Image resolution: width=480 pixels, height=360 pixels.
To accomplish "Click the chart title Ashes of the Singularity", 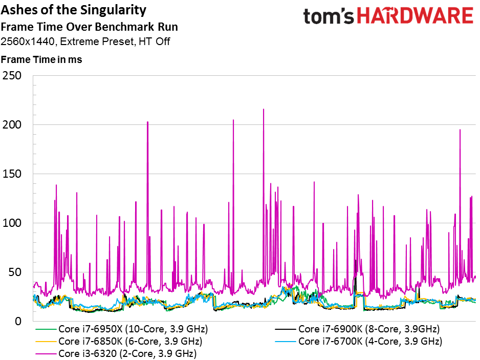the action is click(74, 10).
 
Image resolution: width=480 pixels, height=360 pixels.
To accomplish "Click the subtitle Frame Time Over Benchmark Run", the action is click(89, 27).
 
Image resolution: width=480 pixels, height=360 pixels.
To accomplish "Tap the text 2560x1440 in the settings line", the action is click(28, 41).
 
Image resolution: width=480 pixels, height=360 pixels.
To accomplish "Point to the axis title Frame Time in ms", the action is click(41, 59).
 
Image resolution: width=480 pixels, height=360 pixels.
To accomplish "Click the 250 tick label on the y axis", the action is click(12, 76).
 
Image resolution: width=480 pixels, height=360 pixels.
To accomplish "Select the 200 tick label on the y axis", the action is click(12, 125).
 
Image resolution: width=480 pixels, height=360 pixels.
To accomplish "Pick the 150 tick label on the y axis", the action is click(12, 174).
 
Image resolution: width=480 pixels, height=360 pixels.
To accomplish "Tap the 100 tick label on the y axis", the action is click(12, 223).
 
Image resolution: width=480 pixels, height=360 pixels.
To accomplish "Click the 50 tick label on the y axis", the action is click(15, 272).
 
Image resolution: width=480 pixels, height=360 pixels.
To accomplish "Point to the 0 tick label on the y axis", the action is click(18, 321).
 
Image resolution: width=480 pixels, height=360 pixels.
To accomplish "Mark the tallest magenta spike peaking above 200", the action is click(264, 110).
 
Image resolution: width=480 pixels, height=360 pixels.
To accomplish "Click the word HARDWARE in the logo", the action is click(415, 16).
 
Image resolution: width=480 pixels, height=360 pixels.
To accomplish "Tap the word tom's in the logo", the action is click(329, 16).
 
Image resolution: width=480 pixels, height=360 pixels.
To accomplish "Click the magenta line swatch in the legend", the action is click(46, 354).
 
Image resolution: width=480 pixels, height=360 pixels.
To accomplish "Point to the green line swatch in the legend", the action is click(46, 329).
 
